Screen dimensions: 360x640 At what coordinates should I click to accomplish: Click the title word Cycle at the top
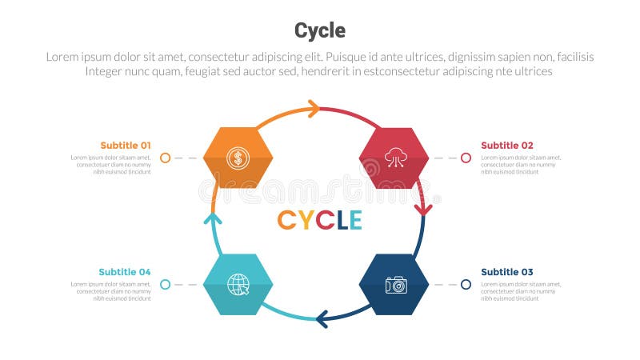pyautogui.click(x=320, y=30)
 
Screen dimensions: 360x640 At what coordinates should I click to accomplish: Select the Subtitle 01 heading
pyautogui.click(x=125, y=145)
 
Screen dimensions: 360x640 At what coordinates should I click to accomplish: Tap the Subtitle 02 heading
pyautogui.click(x=507, y=145)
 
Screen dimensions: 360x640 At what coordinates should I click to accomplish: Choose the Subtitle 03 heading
pyautogui.click(x=507, y=272)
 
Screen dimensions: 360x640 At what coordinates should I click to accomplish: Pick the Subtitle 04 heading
pyautogui.click(x=125, y=272)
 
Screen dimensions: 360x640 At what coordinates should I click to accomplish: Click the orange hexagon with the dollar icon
pyautogui.click(x=238, y=158)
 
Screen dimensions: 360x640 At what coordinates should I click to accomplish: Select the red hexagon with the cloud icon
pyautogui.click(x=394, y=158)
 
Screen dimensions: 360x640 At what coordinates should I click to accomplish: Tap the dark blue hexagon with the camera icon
pyautogui.click(x=394, y=284)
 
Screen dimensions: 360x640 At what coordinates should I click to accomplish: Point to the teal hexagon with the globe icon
pyautogui.click(x=238, y=284)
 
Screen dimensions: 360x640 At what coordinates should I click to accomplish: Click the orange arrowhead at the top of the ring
pyautogui.click(x=313, y=109)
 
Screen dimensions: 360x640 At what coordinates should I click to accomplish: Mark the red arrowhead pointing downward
pyautogui.click(x=423, y=210)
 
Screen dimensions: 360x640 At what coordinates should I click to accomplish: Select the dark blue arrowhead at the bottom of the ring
pyautogui.click(x=322, y=320)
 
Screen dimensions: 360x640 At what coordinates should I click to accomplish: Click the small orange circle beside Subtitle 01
pyautogui.click(x=165, y=158)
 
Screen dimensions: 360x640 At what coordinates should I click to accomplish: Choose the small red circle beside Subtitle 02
pyautogui.click(x=466, y=158)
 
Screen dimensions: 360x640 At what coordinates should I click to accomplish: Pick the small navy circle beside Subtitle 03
pyautogui.click(x=466, y=284)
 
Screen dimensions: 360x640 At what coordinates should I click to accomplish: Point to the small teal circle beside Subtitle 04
pyautogui.click(x=165, y=284)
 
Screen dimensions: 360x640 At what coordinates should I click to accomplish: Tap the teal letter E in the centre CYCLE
pyautogui.click(x=354, y=220)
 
